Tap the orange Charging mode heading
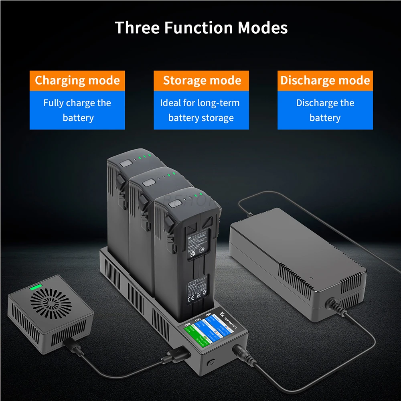click(77, 80)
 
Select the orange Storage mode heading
click(202, 80)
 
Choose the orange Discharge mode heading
click(325, 80)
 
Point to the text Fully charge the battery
click(77, 110)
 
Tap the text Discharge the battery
click(325, 110)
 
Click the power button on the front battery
click(174, 204)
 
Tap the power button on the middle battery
click(150, 183)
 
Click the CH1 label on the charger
click(208, 316)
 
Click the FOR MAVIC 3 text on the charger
click(230, 322)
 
